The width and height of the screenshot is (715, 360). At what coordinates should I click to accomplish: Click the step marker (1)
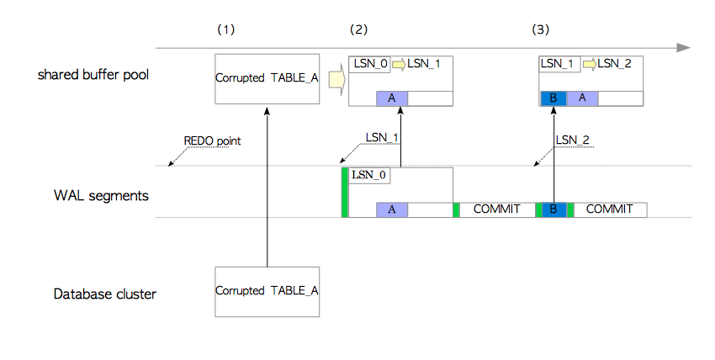(225, 29)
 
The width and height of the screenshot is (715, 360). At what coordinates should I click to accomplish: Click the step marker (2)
(358, 29)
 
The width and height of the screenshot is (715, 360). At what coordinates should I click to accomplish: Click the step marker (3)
(540, 29)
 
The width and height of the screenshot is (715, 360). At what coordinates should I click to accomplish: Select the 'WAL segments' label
(101, 196)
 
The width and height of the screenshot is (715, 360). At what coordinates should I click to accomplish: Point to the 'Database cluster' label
(105, 294)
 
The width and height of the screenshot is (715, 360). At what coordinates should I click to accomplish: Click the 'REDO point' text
(212, 140)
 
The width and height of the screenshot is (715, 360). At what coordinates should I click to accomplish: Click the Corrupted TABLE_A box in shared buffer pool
(267, 78)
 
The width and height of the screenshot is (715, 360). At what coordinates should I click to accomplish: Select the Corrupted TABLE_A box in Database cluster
(267, 291)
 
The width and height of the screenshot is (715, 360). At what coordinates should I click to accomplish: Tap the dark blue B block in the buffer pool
(553, 98)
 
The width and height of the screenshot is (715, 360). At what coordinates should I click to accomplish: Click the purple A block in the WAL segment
(391, 209)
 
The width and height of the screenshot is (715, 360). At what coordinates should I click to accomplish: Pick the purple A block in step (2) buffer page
(391, 98)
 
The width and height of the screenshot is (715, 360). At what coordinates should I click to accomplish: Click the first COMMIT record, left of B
(497, 209)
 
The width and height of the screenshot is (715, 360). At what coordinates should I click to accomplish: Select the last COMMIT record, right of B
(610, 209)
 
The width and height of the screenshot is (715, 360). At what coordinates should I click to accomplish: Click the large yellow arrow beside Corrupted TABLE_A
(335, 79)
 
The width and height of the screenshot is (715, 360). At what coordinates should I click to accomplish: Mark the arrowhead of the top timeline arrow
(686, 47)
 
